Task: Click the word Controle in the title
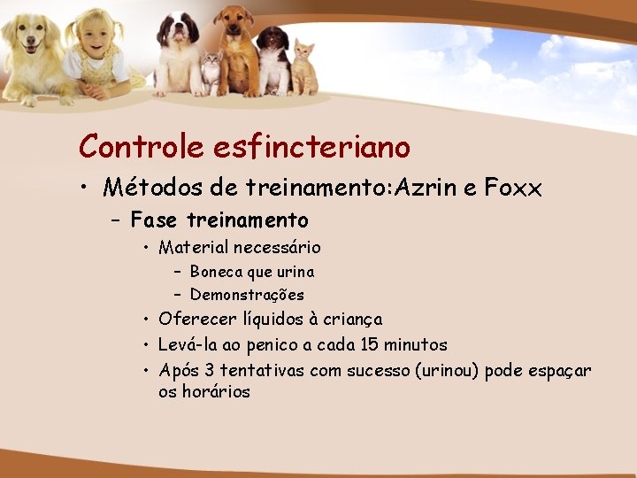pos(141,146)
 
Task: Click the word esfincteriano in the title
pos(311,146)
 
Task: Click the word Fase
pos(156,220)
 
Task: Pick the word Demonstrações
pos(247,295)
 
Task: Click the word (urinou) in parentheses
pos(448,369)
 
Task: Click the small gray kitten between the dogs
pos(211,70)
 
